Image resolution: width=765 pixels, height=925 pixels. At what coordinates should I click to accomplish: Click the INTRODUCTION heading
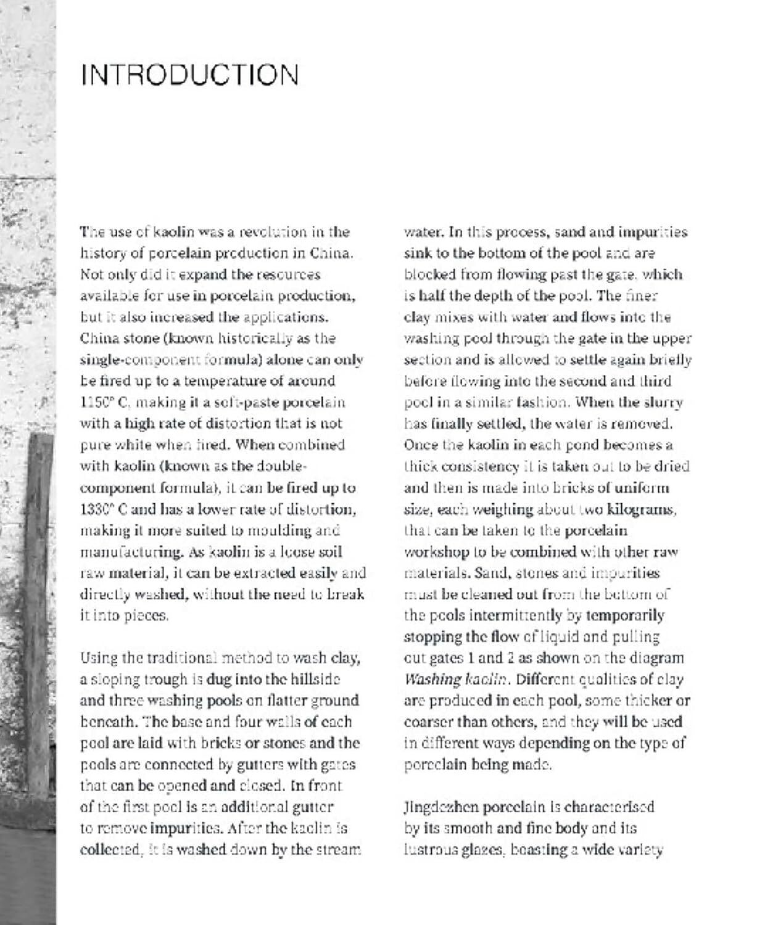coord(189,75)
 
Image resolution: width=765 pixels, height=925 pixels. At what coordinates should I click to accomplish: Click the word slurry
coord(663,403)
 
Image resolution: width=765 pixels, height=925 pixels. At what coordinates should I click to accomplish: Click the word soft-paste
coord(249,403)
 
